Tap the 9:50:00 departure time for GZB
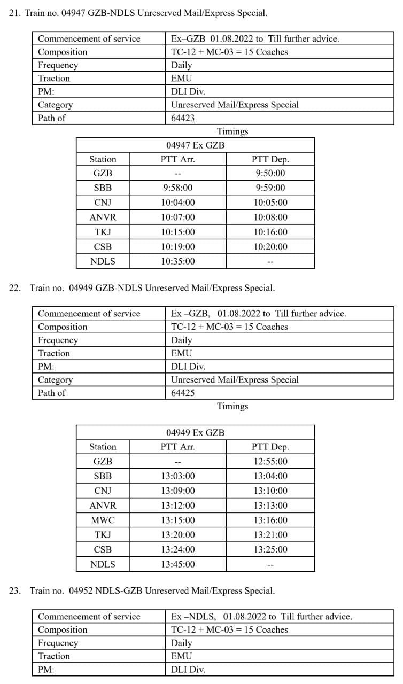tap(270, 173)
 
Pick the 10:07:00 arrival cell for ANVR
tap(178, 217)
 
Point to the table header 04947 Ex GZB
tap(195, 145)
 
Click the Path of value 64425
tap(183, 393)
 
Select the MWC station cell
tap(103, 520)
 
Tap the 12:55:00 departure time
tap(270, 461)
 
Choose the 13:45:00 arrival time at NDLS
tap(178, 564)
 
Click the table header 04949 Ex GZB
tap(195, 432)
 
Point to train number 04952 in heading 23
tap(81, 590)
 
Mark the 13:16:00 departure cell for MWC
tap(270, 520)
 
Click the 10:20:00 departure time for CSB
tap(270, 246)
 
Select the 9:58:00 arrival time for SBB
tap(178, 188)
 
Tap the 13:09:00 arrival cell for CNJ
tap(178, 491)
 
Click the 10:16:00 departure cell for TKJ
tap(270, 232)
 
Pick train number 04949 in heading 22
tap(81, 288)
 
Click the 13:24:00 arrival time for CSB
tap(178, 549)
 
